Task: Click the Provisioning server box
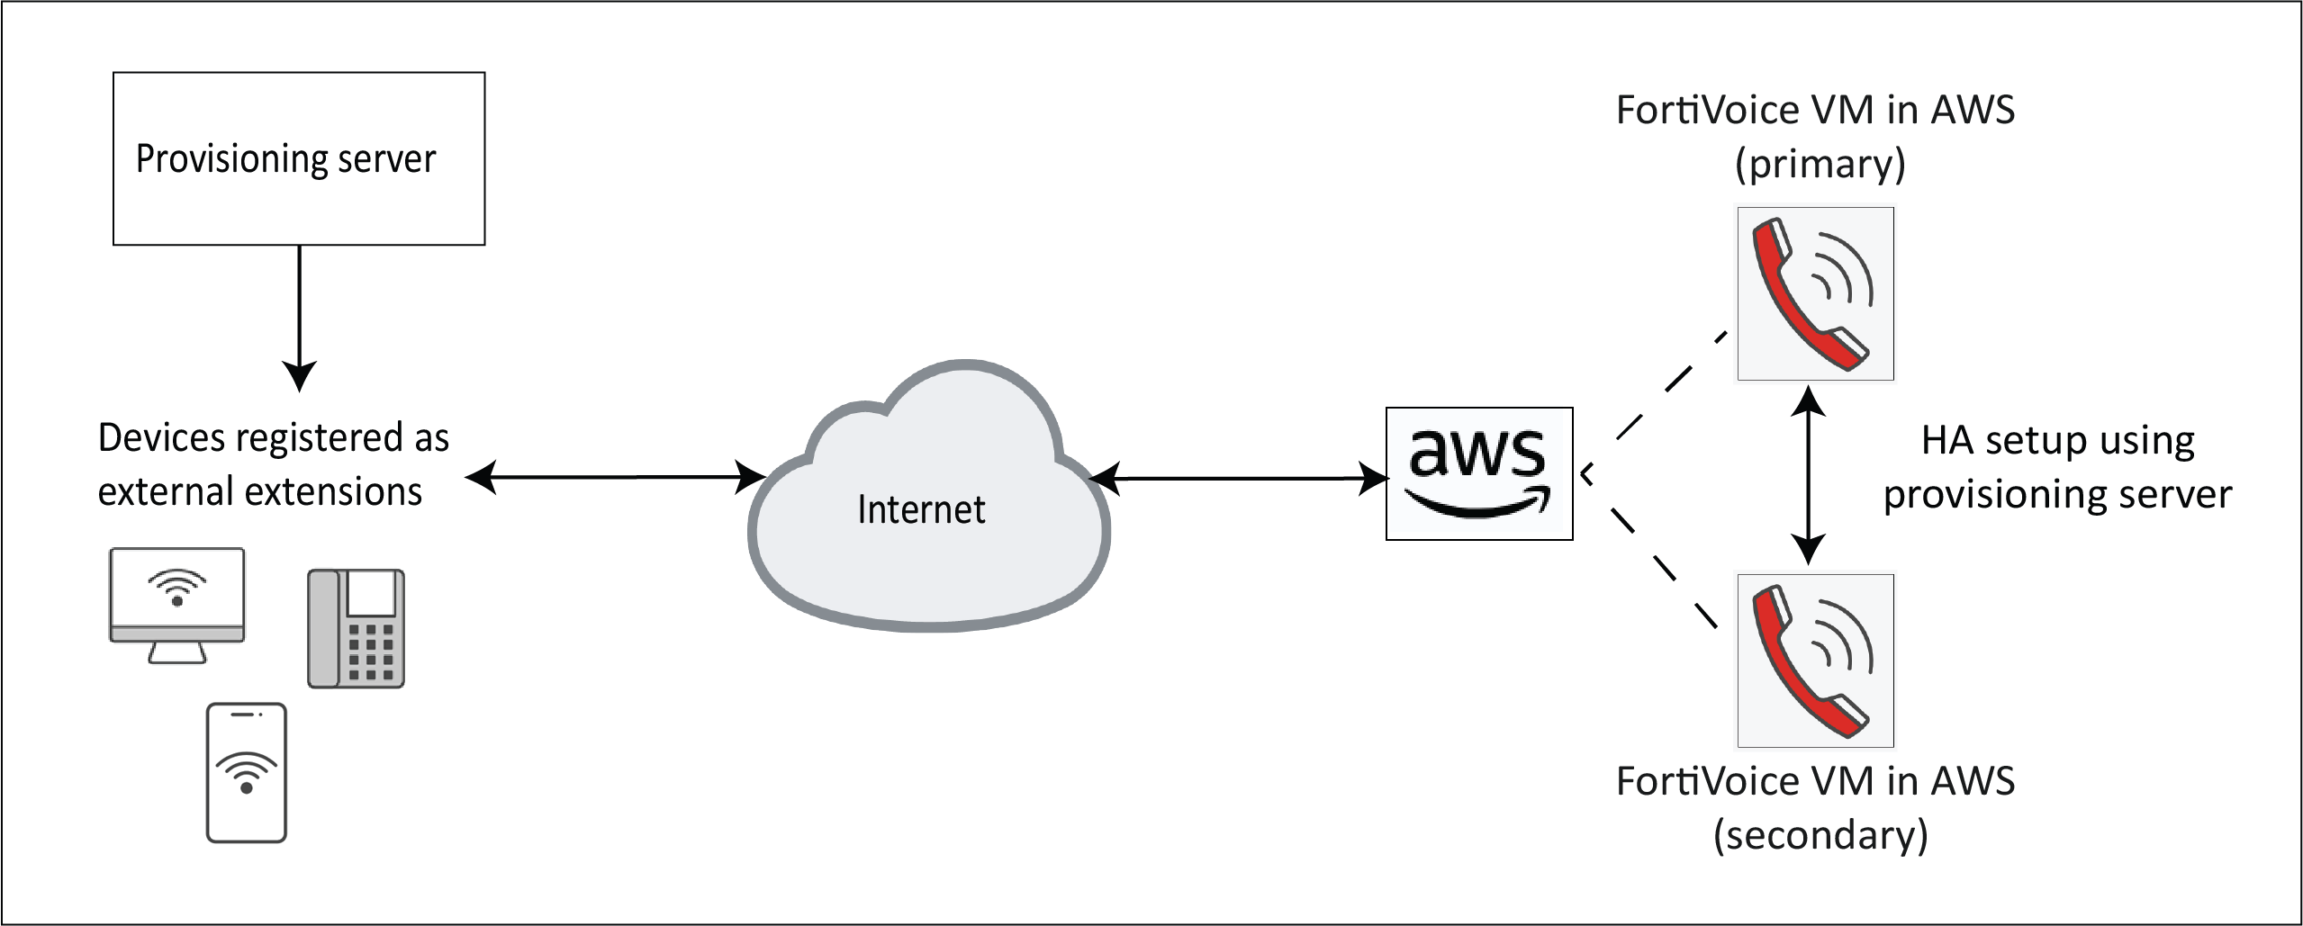(x=299, y=158)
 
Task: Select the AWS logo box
(x=1478, y=473)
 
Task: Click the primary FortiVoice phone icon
(x=1815, y=294)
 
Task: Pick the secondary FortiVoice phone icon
(x=1815, y=661)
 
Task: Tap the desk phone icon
(x=357, y=628)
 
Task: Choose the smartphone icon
(x=247, y=772)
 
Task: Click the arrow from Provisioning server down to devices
(x=299, y=315)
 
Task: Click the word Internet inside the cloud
(x=921, y=510)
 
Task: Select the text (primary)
(x=1820, y=165)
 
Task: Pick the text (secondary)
(x=1820, y=836)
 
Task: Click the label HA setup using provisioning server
(x=2057, y=468)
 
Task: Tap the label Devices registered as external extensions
(x=273, y=465)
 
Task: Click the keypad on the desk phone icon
(x=371, y=650)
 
